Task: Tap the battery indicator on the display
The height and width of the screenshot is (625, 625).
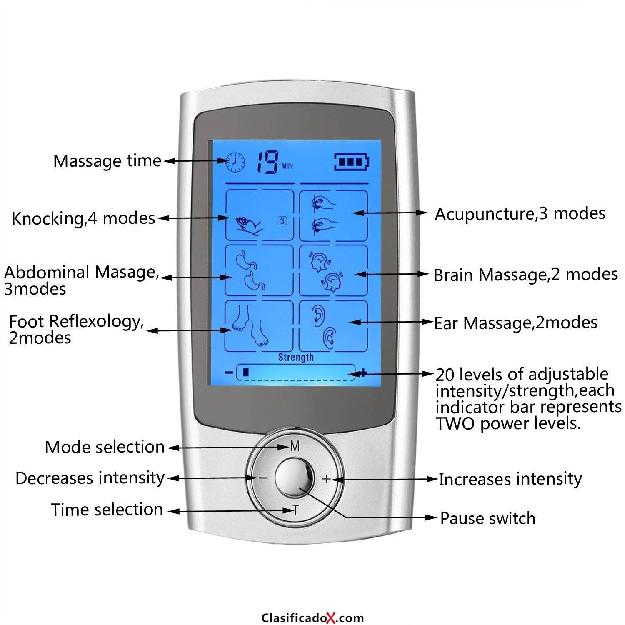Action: pos(352,162)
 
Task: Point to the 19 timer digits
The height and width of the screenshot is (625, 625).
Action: pos(267,162)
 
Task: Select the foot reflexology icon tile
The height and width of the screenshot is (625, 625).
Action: pos(259,326)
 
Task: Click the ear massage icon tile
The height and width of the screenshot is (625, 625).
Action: pos(333,326)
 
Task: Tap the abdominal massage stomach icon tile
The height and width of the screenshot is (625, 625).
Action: pos(259,270)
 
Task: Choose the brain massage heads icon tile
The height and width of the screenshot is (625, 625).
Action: pos(333,270)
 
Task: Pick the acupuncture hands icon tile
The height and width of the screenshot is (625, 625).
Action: pos(333,215)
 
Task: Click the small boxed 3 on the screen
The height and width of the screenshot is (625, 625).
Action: pos(282,221)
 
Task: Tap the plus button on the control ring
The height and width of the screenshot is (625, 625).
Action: pos(326,479)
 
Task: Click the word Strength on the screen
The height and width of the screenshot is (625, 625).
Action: pos(296,357)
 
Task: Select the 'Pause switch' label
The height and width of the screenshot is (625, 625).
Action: pos(488,518)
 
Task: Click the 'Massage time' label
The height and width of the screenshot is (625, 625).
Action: pos(107,161)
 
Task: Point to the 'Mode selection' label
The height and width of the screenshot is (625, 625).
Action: pos(105,447)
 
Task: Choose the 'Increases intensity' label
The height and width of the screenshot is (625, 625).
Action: pos(510,479)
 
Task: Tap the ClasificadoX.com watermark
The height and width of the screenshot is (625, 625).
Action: pos(312,617)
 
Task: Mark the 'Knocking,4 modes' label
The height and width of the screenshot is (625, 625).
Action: pos(83,218)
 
